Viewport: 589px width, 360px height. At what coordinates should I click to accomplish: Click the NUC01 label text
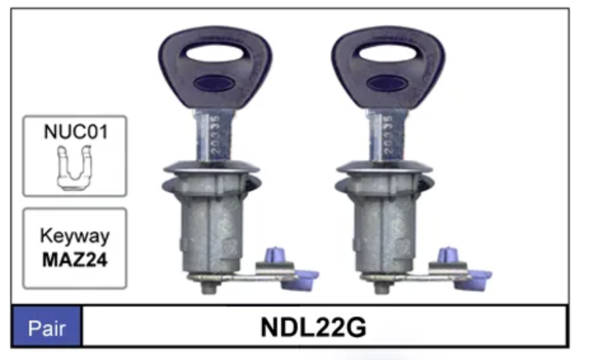pos(76,132)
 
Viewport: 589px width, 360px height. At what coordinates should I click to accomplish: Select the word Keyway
pos(75,237)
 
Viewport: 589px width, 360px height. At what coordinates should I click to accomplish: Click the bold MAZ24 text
pos(75,260)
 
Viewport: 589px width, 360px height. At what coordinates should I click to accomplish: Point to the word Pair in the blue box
pos(46,328)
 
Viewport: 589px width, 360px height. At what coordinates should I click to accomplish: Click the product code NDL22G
pos(314,328)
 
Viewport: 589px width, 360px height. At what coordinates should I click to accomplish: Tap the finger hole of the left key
pos(214,53)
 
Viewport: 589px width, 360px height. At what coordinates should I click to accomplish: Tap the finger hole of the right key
pos(387,53)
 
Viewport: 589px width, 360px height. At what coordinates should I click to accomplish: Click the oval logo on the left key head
pos(214,83)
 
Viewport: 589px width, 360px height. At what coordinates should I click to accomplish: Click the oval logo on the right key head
pos(387,83)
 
